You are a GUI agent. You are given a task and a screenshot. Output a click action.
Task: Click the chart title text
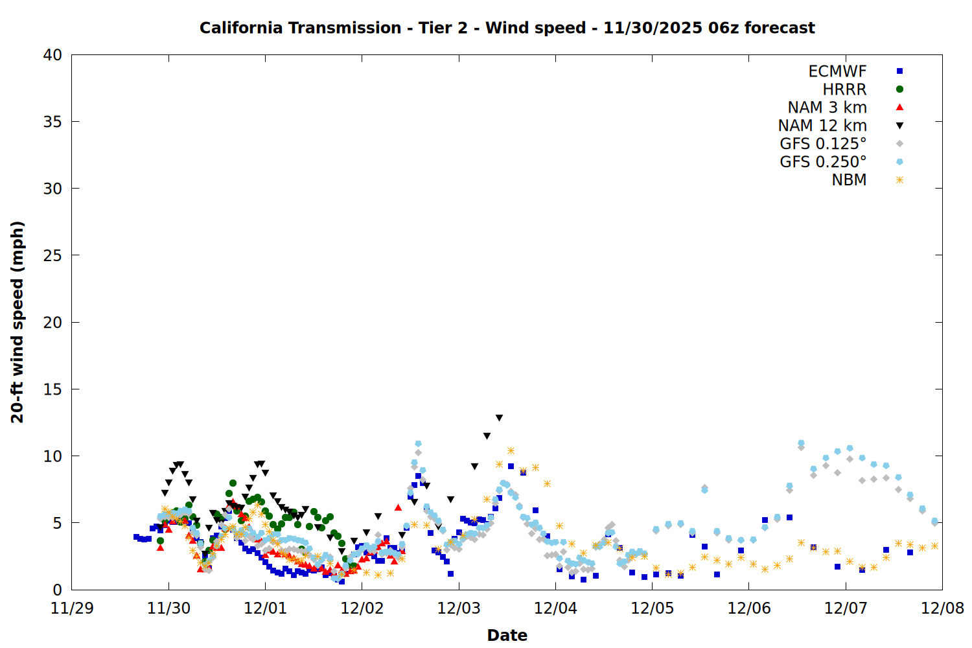pos(507,28)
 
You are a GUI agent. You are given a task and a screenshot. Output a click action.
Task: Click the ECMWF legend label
pos(837,71)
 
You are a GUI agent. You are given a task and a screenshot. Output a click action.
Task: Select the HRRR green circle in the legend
pos(899,89)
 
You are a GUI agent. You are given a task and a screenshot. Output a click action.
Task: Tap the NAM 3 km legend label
pos(827,108)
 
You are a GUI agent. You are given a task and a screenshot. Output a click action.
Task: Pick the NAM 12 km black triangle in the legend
pos(899,126)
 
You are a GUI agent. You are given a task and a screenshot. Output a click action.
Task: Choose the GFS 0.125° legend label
pos(823,144)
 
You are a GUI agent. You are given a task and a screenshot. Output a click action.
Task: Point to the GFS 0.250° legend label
pos(823,162)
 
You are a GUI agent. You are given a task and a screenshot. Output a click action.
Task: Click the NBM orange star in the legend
pos(899,180)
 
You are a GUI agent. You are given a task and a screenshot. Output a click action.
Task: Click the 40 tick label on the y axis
pos(52,55)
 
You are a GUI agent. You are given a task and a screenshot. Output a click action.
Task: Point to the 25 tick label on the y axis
pos(52,255)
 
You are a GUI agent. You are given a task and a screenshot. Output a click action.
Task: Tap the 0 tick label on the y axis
pos(57,590)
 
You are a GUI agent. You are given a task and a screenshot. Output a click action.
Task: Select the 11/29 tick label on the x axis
pos(72,608)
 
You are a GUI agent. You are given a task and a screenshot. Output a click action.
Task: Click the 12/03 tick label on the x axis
pos(459,608)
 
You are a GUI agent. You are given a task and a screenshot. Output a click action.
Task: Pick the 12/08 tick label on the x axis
pos(942,608)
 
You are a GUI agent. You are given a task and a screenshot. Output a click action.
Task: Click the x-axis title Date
pos(507,635)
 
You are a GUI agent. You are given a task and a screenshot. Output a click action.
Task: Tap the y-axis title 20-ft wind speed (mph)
pos(17,322)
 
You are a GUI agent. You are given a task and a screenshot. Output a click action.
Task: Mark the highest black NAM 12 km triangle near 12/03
pos(499,418)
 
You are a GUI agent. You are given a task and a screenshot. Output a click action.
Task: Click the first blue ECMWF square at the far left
pos(136,537)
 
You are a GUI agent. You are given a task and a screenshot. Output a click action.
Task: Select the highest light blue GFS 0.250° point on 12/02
pos(418,444)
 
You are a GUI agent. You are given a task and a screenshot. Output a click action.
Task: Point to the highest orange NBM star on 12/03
pos(511,450)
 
